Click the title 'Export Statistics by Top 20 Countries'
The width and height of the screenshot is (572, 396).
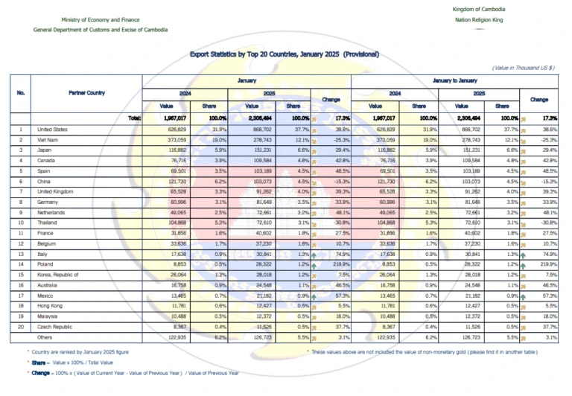[x=285, y=54]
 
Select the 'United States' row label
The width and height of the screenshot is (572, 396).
[x=51, y=130]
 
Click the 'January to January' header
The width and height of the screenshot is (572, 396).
[x=454, y=79]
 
